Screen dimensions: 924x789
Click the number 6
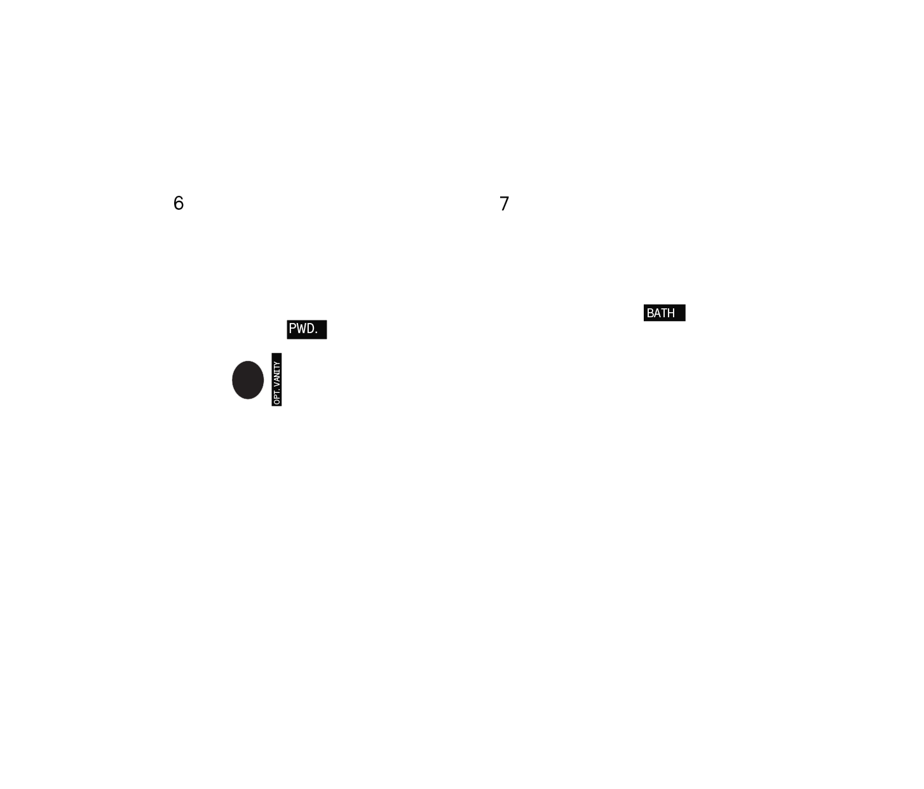pyautogui.click(x=179, y=203)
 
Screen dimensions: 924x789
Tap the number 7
pyautogui.click(x=504, y=204)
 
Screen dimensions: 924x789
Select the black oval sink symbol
pyautogui.click(x=248, y=380)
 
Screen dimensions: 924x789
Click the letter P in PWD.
pyautogui.click(x=293, y=329)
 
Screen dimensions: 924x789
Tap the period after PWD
pyautogui.click(x=316, y=333)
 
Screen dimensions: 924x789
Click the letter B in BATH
pyautogui.click(x=650, y=313)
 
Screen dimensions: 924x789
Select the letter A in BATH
pyautogui.click(x=656, y=313)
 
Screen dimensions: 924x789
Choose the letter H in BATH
pyautogui.click(x=671, y=313)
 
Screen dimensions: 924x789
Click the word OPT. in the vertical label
pyautogui.click(x=276, y=397)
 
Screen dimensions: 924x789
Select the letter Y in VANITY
pyautogui.click(x=276, y=364)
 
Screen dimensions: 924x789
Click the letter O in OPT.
pyautogui.click(x=276, y=402)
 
